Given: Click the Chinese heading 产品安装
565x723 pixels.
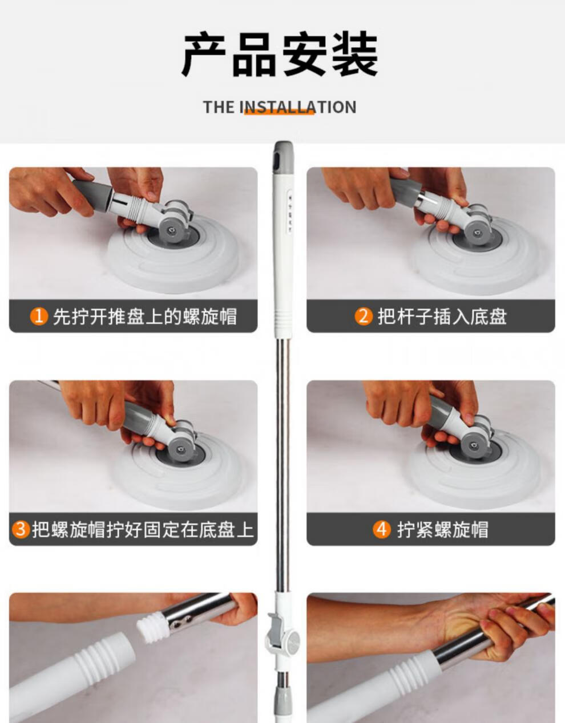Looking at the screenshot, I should pos(280,55).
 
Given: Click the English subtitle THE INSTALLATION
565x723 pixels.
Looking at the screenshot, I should pos(280,107).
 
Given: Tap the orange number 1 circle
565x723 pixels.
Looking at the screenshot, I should pos(39,316).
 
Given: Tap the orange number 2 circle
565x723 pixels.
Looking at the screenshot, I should pos(364,316).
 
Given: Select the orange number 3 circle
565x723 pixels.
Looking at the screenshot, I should pos(21,529).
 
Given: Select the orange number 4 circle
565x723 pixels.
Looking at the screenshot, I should pos(381,529).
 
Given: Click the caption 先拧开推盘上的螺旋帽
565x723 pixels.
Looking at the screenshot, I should pos(144,316).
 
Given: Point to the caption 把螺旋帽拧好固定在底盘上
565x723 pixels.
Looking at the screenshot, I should pos(142,529).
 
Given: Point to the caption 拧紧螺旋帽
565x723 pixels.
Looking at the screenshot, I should pos(443,529).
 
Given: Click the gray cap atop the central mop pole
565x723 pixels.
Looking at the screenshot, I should pos(282,156).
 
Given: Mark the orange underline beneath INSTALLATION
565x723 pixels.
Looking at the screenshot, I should pos(279,113).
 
